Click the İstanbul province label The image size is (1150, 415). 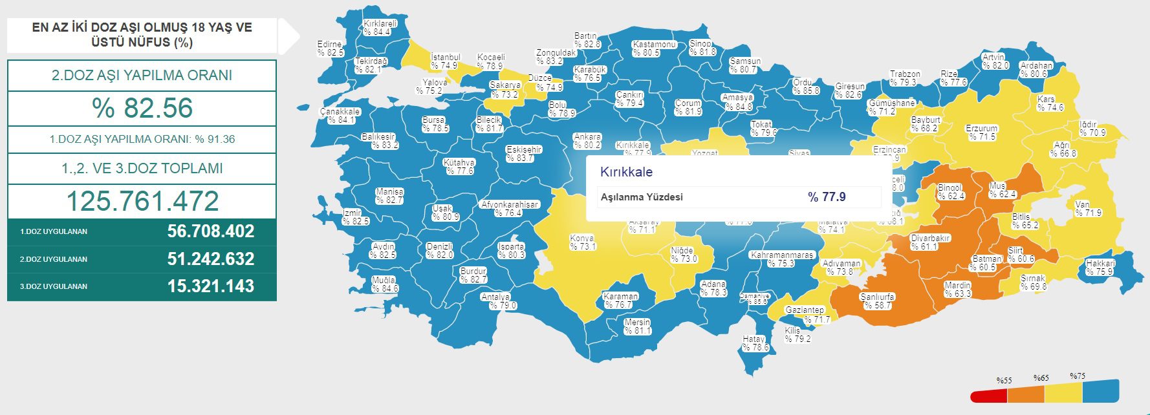click(x=445, y=61)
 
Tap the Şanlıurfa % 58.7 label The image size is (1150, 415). click(x=877, y=301)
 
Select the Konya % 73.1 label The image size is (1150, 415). click(x=582, y=242)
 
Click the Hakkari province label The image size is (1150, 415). click(x=1100, y=268)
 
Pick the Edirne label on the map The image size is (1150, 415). click(x=330, y=48)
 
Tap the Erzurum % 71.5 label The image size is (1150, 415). click(x=982, y=133)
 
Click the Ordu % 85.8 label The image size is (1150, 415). click(x=805, y=87)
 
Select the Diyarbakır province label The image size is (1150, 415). click(x=930, y=242)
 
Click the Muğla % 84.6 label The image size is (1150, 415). click(x=384, y=284)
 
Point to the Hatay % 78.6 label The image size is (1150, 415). click(x=754, y=343)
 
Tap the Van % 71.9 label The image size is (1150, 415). click(x=1088, y=208)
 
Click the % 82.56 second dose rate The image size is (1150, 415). click(x=142, y=108)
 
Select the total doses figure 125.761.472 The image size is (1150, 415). click(x=142, y=201)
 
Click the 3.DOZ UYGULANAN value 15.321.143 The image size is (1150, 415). click(x=210, y=286)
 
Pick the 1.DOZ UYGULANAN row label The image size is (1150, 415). click(x=53, y=231)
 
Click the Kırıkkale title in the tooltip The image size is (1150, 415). click(x=626, y=172)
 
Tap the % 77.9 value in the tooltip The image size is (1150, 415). click(x=827, y=197)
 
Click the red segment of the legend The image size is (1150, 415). click(x=988, y=396)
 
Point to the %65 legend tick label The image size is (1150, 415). click(x=1041, y=378)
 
